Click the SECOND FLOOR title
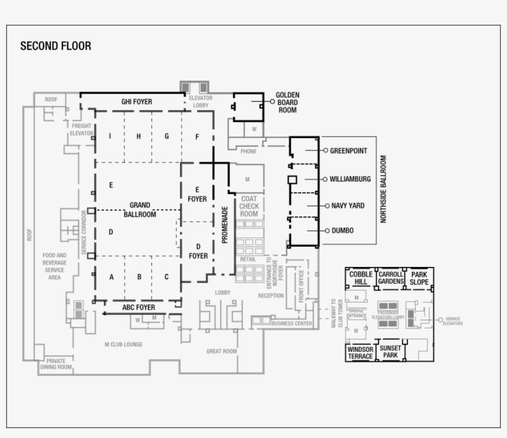56,46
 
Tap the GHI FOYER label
137,102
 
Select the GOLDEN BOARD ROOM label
288,103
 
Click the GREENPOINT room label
349,151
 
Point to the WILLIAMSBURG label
350,179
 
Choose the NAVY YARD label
348,206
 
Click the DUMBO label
343,230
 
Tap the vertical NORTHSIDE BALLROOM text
383,189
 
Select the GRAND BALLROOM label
139,209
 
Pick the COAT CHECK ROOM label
249,206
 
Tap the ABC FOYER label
138,307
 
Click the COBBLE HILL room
360,278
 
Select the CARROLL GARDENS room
391,278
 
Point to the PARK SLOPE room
419,278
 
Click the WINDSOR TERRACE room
360,353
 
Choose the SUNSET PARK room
390,352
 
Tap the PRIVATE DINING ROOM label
56,364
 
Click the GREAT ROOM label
221,351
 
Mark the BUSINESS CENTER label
291,323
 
